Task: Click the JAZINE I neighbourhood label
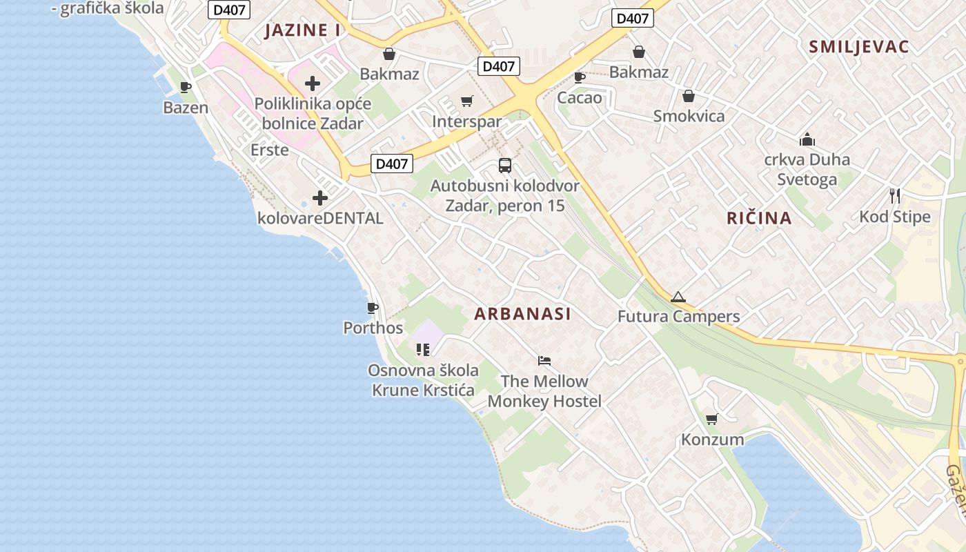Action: click(x=302, y=30)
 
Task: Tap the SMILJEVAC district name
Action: click(x=858, y=47)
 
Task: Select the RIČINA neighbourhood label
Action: click(x=759, y=218)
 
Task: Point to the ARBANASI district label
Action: click(x=522, y=314)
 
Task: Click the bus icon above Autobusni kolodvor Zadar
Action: click(x=505, y=166)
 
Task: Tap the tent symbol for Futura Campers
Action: click(x=678, y=297)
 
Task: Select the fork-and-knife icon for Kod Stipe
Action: click(x=895, y=196)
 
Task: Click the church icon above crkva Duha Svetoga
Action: click(x=807, y=140)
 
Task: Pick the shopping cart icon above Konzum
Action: click(x=712, y=419)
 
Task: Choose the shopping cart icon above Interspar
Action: click(x=467, y=101)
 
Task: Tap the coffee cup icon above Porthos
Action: click(x=373, y=308)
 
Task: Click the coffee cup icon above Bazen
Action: click(x=186, y=87)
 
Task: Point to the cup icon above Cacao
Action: click(x=580, y=77)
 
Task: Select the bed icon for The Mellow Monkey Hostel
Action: click(x=544, y=360)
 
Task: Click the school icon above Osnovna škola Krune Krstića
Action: click(x=423, y=350)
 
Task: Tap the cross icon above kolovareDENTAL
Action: click(x=320, y=198)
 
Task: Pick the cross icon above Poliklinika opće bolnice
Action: click(x=313, y=83)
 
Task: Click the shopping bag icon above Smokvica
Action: click(x=689, y=96)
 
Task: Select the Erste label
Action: click(x=269, y=150)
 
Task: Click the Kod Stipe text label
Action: click(x=894, y=217)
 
